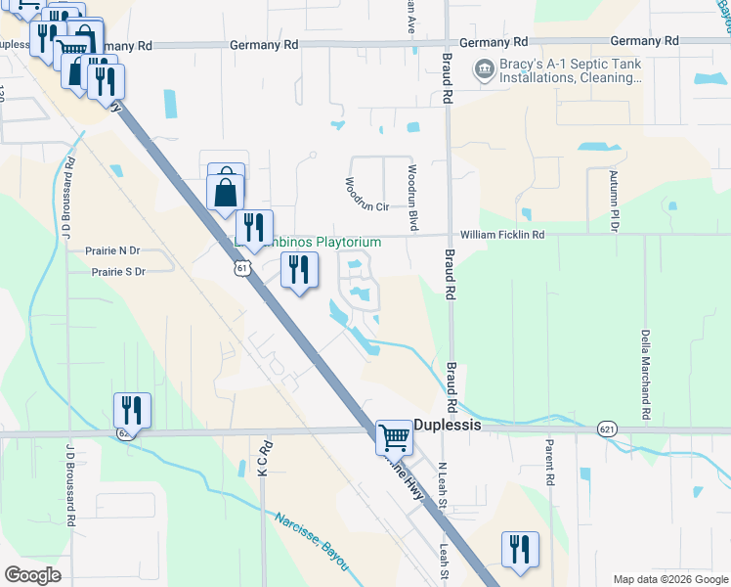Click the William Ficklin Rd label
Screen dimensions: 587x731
point(502,235)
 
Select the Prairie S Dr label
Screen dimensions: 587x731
point(114,271)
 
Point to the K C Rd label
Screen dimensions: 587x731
point(262,459)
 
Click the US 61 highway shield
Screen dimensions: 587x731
point(241,266)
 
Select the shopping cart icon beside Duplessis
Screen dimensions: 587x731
point(394,436)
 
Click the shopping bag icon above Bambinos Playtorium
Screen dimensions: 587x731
point(226,190)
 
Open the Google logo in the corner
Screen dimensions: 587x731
point(31,575)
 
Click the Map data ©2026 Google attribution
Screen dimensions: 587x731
point(668,579)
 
